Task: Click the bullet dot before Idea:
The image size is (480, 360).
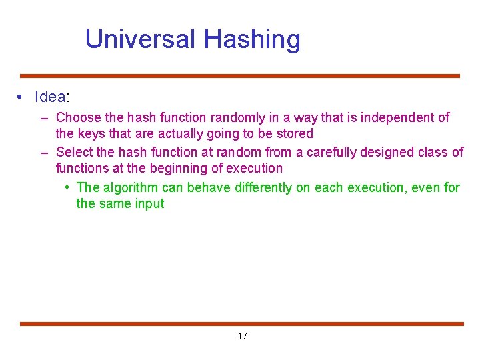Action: tap(22, 97)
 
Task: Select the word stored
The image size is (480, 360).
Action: tap(295, 134)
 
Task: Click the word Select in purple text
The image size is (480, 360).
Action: tap(75, 153)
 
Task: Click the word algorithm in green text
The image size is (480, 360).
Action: tap(131, 188)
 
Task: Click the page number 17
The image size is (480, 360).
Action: tap(242, 337)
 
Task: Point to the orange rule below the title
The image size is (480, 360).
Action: tap(240, 76)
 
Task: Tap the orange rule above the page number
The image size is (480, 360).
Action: tap(240, 324)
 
